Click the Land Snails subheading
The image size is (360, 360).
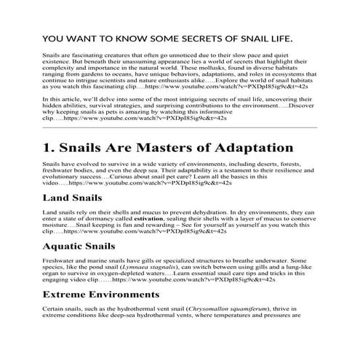[73, 198]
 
